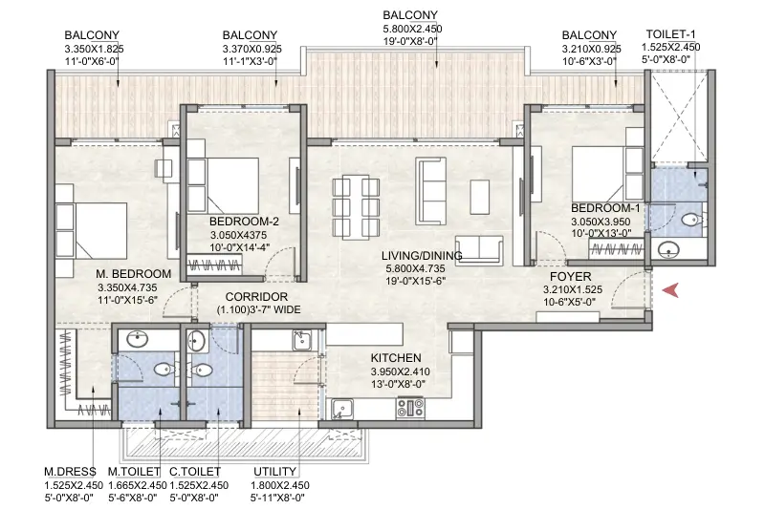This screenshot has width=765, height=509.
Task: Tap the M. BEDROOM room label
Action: (x=133, y=274)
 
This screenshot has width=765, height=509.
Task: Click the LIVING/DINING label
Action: (x=422, y=256)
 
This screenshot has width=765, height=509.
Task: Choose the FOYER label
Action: (x=571, y=275)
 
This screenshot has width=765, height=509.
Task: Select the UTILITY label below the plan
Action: (x=273, y=472)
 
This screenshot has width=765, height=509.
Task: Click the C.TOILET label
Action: (x=195, y=472)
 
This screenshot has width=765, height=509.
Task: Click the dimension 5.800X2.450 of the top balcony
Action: (x=410, y=29)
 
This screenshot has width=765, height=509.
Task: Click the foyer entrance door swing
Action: (x=631, y=286)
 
